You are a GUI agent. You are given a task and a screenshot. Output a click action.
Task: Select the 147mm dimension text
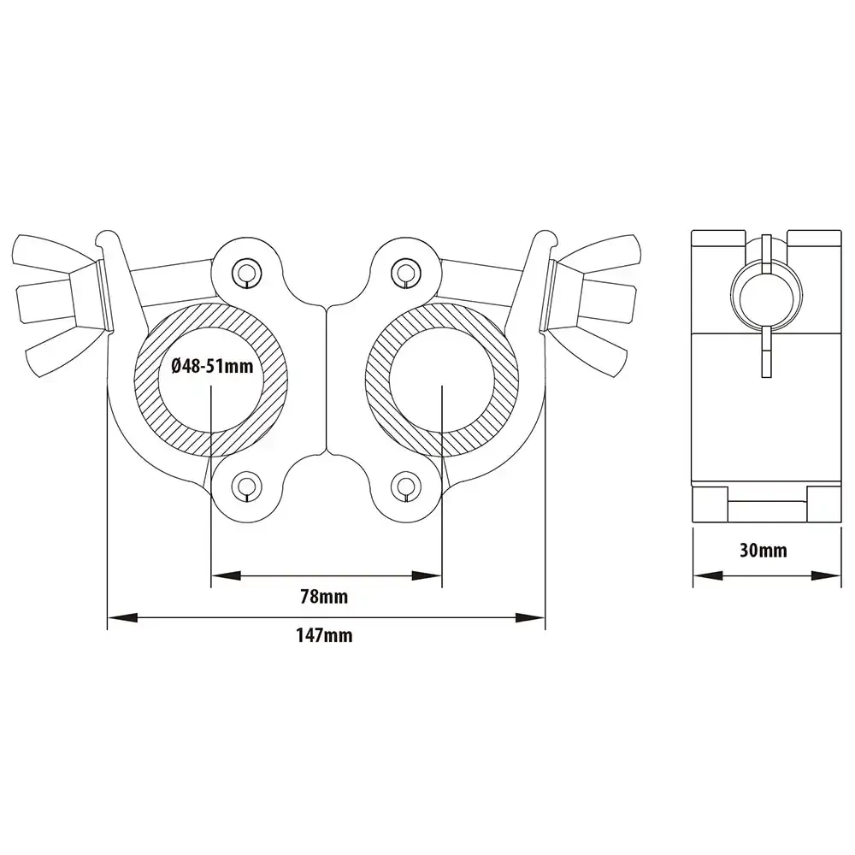coord(326,635)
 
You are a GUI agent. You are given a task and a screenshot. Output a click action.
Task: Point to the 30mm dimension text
coord(763,550)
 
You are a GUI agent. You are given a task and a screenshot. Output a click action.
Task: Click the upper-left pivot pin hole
coord(246,271)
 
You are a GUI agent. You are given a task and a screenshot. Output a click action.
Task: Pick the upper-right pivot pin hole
coord(404,271)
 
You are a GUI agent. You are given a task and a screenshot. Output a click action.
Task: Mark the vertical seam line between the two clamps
coord(326,376)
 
